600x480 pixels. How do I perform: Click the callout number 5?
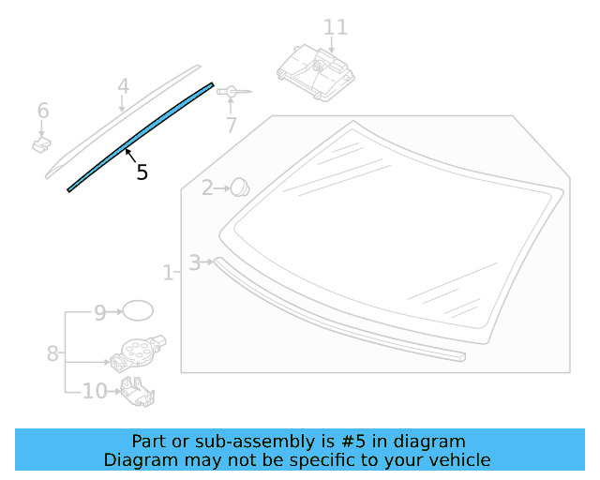pos(142,172)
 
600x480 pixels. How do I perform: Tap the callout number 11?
pos(335,27)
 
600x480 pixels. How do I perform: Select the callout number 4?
pos(123,86)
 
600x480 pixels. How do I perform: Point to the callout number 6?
pos(43,112)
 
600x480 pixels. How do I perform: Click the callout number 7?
pos(231,124)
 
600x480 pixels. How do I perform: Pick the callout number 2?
pos(206,188)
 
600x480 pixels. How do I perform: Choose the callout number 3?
pos(194,262)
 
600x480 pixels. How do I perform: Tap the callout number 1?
pos(168,273)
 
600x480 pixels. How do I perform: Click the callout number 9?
pos(100,313)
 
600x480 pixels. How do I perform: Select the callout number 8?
pos(52,353)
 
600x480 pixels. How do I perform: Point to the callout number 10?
pos(95,391)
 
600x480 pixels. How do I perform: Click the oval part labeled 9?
pos(139,311)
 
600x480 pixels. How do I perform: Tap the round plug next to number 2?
pos(239,187)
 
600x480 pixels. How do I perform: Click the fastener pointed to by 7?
pos(231,91)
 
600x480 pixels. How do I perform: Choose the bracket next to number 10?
pos(139,392)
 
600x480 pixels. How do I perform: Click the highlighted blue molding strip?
pos(141,136)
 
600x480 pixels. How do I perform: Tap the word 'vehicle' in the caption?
pos(457,459)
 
